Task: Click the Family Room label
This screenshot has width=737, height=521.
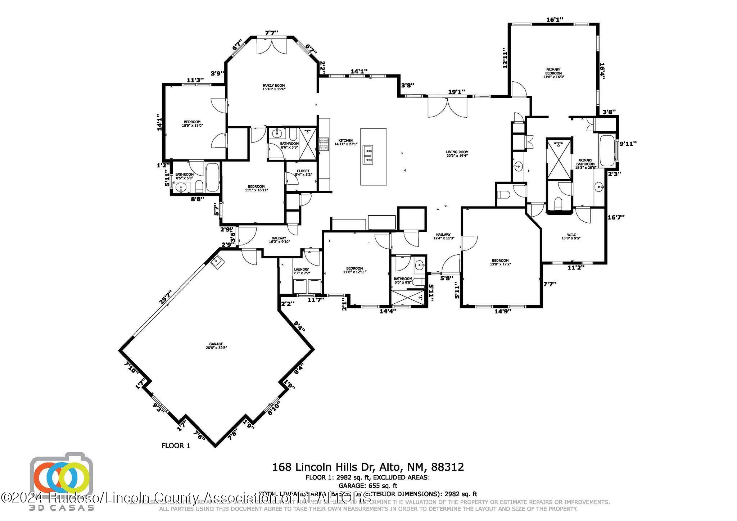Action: pos(274,87)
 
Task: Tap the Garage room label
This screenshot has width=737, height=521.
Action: pos(217,346)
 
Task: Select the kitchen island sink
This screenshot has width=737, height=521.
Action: pos(368,155)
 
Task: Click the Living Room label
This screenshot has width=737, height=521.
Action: pos(457,154)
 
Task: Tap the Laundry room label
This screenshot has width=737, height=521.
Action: pos(301,271)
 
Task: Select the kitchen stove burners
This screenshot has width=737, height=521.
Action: pos(324,144)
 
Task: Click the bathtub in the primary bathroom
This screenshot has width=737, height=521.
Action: pos(607,150)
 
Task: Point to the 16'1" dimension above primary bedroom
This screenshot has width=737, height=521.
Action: pos(555,20)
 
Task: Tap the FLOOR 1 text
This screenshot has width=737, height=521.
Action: pos(176,446)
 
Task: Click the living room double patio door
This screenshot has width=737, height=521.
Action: pos(447,107)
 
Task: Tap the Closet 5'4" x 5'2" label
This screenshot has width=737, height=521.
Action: pos(303,173)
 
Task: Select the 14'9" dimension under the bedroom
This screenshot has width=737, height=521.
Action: pos(503,311)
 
